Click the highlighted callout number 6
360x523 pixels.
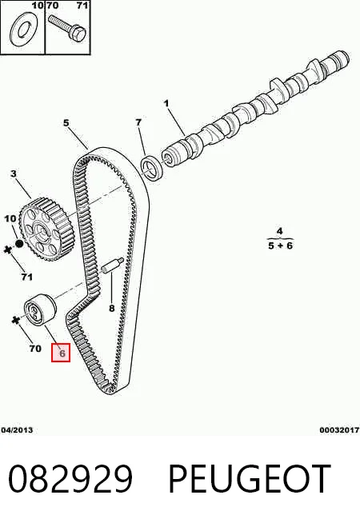(62, 353)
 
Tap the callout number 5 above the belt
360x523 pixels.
(66, 122)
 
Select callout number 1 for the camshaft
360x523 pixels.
(166, 103)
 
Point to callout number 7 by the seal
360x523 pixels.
(138, 122)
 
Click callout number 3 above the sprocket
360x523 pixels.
(14, 174)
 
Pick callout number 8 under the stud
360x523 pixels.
(112, 308)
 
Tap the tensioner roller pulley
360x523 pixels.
(41, 309)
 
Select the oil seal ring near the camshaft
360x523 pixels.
(152, 167)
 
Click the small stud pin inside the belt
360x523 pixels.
(113, 265)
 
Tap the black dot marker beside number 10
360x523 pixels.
(19, 243)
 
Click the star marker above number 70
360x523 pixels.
(15, 321)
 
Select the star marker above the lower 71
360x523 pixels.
(7, 250)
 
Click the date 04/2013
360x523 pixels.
(17, 430)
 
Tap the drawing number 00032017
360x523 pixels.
(339, 430)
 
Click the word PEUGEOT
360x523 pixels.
(250, 479)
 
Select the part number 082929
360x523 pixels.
(70, 479)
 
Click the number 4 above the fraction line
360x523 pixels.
(279, 231)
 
